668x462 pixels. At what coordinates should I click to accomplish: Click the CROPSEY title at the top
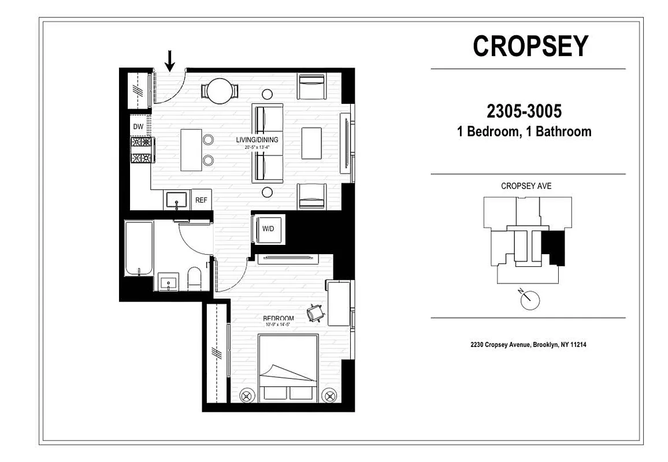(x=530, y=46)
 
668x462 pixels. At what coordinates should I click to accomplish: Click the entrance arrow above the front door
(x=170, y=60)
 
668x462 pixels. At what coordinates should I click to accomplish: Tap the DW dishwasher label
(x=138, y=126)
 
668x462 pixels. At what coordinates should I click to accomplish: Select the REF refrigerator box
(x=201, y=200)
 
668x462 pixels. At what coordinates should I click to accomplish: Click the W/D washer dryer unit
(x=268, y=228)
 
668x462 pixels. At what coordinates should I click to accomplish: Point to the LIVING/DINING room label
(x=257, y=140)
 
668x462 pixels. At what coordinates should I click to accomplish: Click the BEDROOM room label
(x=278, y=318)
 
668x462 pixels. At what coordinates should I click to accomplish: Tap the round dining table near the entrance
(x=220, y=91)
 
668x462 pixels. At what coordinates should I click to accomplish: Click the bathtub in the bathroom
(x=139, y=249)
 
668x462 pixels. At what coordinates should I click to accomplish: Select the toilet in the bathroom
(x=194, y=279)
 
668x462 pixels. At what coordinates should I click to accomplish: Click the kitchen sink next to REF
(x=175, y=200)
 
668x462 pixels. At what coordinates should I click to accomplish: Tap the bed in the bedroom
(x=288, y=367)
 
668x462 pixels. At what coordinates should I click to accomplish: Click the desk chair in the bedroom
(x=316, y=312)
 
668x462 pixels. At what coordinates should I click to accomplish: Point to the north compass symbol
(x=529, y=299)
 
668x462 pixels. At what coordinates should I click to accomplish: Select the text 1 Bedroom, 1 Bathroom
(x=524, y=132)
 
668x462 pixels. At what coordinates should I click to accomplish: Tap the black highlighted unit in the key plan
(x=554, y=247)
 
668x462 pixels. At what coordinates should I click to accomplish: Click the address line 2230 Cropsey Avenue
(x=528, y=345)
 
